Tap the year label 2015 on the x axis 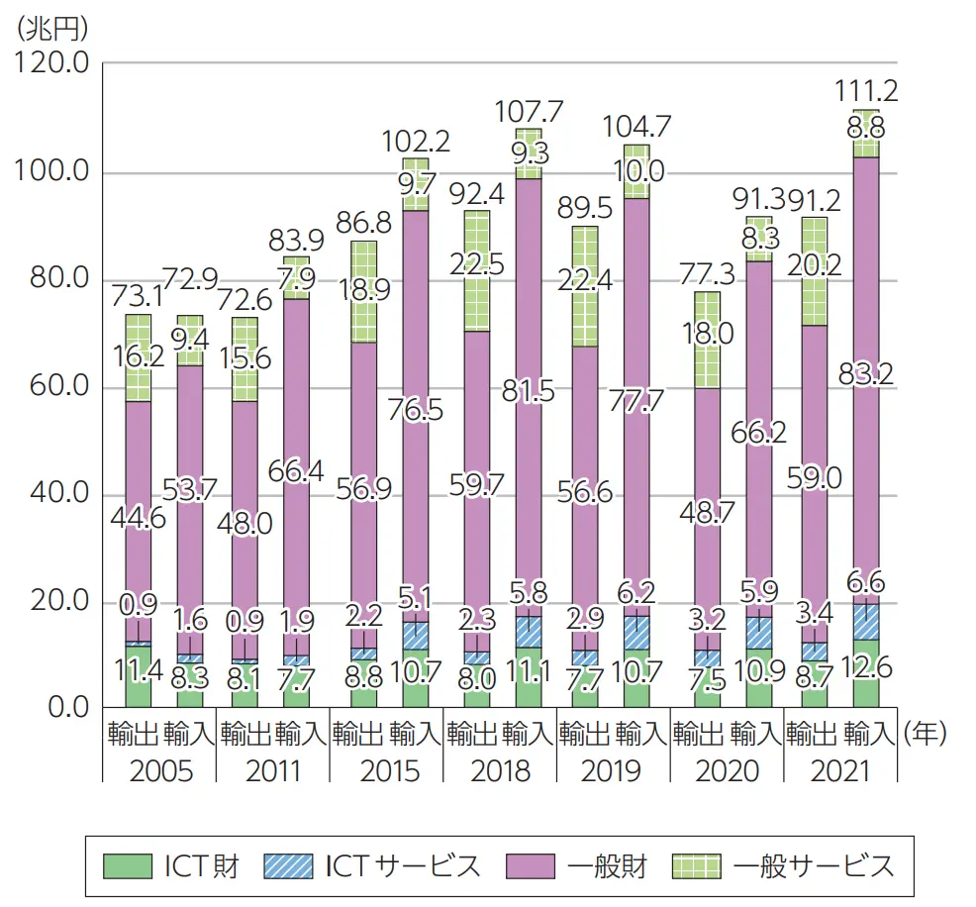pos(387,769)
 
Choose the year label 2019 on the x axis pos(612,769)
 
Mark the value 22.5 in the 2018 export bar pos(477,265)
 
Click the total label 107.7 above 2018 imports pos(528,112)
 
